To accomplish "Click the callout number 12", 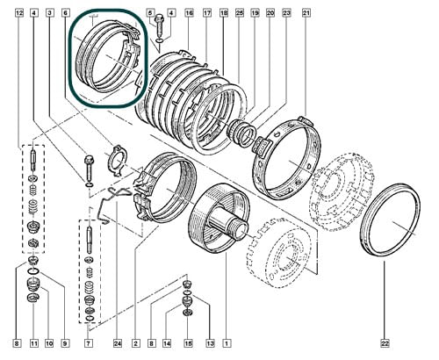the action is (x=19, y=13).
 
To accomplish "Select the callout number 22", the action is (x=385, y=343).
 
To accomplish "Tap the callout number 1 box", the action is (x=227, y=343).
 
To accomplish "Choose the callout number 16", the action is (x=190, y=13).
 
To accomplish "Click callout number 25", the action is (x=240, y=13).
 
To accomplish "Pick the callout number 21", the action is (x=306, y=13).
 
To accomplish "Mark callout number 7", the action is (x=89, y=343).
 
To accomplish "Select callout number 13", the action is (x=210, y=343).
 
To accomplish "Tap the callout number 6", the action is (x=65, y=13).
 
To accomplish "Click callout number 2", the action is (x=135, y=343).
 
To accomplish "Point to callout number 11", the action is (x=34, y=343).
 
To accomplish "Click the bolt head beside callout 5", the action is (x=160, y=19).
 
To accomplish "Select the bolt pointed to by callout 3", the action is (x=89, y=169).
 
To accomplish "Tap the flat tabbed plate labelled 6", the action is (x=117, y=161).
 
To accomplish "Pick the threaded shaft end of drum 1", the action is (x=239, y=228).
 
